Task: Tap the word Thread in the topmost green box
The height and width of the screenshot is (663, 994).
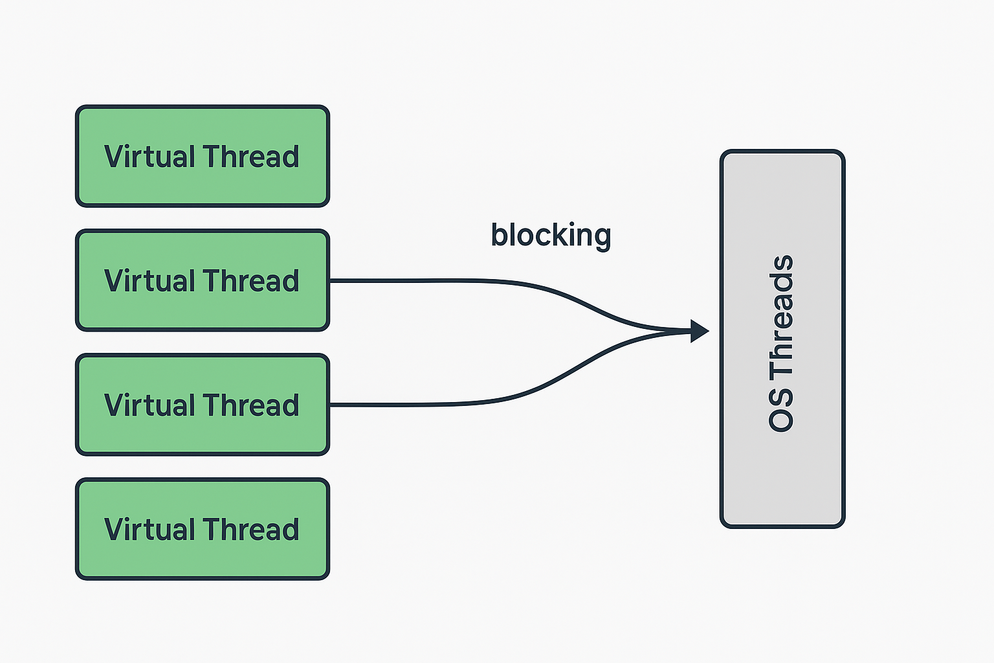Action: pos(251,156)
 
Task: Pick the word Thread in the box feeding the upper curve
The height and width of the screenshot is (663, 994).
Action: pos(251,280)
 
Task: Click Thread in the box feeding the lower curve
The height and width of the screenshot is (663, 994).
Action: pos(251,405)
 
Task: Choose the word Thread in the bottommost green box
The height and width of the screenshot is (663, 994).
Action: pos(251,530)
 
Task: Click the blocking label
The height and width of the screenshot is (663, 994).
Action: pos(551,236)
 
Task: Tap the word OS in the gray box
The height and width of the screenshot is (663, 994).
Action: pos(781,409)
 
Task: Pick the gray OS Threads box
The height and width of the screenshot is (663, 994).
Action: pos(782,339)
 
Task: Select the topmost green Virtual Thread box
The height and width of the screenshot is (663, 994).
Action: pos(203,156)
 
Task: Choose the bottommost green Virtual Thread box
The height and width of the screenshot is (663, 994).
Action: pos(203,530)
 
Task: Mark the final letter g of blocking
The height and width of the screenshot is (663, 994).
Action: pos(602,240)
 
